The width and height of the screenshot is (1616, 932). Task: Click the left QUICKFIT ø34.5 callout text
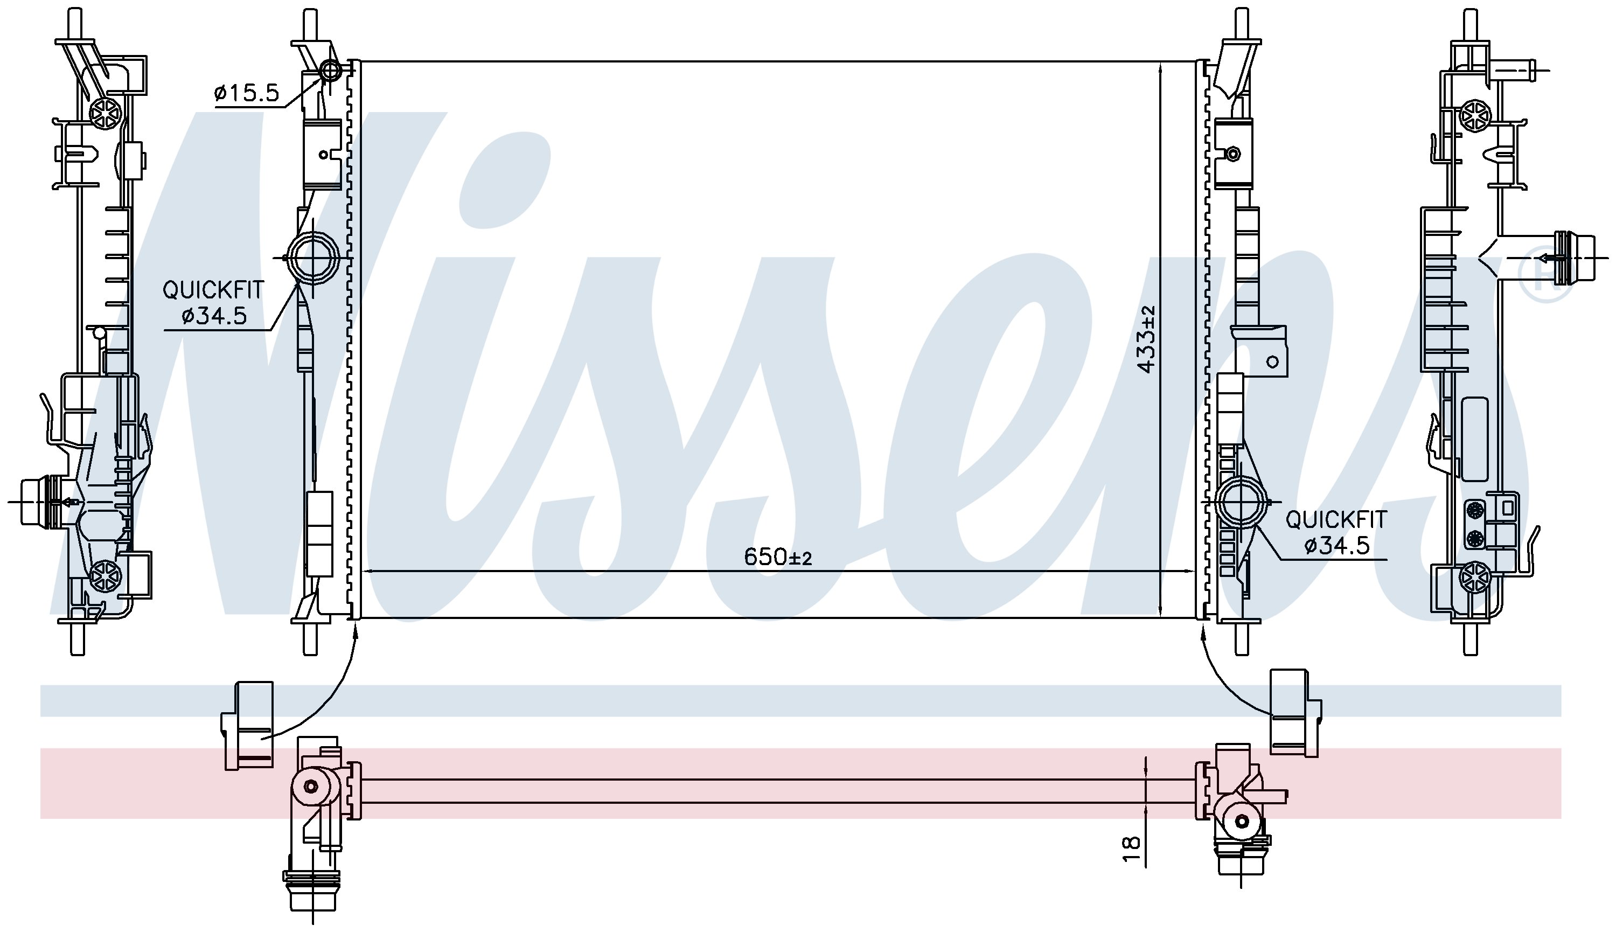tap(213, 303)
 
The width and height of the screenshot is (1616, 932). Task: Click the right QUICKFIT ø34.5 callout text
tap(1336, 532)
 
